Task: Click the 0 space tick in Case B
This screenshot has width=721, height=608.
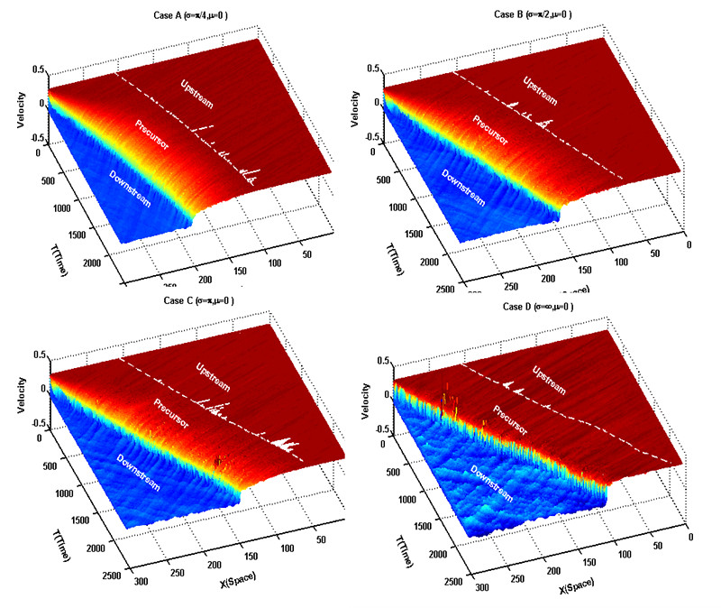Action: coord(689,244)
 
